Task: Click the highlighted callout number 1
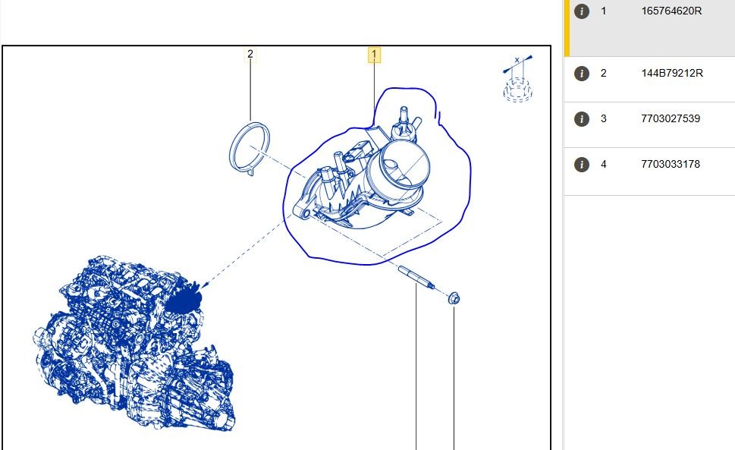pos(374,55)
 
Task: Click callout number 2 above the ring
pos(250,55)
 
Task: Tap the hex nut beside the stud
pos(454,298)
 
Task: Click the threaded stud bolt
pos(416,276)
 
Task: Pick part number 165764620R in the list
pos(671,11)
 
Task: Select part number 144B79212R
pos(672,73)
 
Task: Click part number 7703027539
pos(671,118)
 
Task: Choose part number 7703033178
pos(671,164)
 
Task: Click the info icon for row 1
pos(582,11)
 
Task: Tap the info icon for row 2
pos(582,74)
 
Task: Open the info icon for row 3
pos(582,119)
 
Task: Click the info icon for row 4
pos(582,165)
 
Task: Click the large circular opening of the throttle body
pos(404,164)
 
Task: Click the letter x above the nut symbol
pos(517,60)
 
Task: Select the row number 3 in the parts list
pos(603,118)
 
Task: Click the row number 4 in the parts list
pos(603,164)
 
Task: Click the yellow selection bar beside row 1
pos(567,28)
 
